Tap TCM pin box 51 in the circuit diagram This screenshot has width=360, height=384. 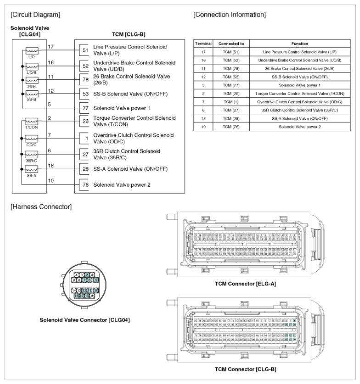point(85,50)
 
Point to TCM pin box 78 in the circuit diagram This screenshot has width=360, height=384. point(85,79)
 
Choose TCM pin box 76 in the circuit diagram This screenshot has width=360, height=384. point(85,185)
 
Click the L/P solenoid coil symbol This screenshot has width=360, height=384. point(31,51)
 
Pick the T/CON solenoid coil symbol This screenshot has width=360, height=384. point(31,122)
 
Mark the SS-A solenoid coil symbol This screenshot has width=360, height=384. point(31,170)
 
